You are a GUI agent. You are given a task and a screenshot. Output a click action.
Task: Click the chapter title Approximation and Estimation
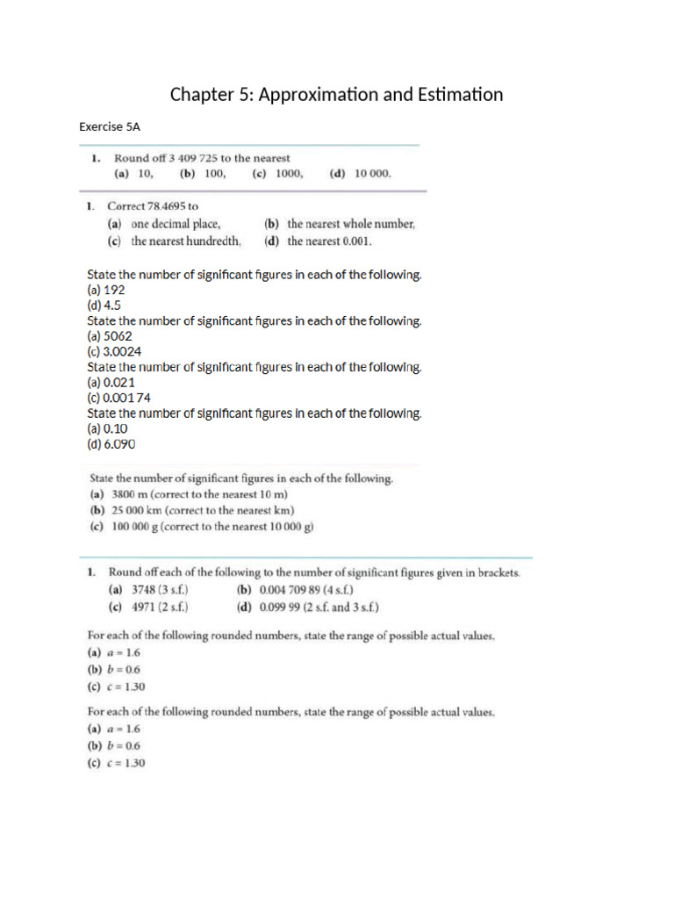tap(336, 94)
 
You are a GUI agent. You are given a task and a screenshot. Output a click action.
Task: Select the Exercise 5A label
tap(109, 127)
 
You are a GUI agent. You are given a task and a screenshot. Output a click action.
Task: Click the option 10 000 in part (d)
tap(373, 174)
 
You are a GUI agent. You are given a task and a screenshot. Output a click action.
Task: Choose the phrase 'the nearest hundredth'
tap(186, 241)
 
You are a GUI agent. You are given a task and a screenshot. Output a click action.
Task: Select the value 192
tap(114, 290)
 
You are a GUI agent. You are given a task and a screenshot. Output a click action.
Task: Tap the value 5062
tap(118, 336)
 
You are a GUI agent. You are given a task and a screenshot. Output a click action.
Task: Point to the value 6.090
tap(120, 444)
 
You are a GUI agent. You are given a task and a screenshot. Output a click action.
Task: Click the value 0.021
tap(119, 383)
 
